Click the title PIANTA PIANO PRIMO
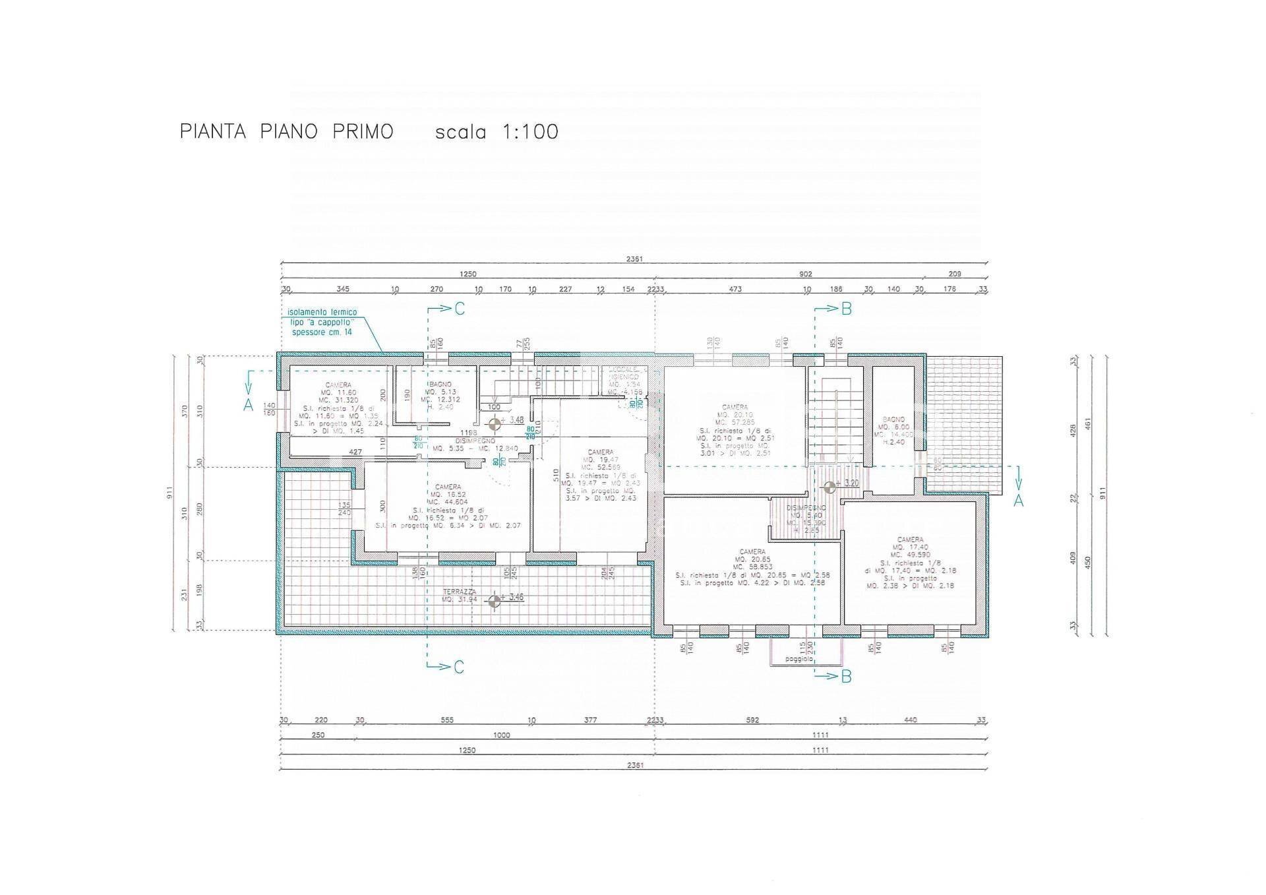(286, 131)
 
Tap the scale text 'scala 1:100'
(497, 132)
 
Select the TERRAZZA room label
(460, 592)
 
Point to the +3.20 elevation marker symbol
(829, 487)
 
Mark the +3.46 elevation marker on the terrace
(493, 601)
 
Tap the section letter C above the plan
(460, 309)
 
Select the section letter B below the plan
(846, 676)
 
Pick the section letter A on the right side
(1018, 501)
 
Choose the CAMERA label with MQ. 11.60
(338, 385)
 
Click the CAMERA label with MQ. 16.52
(448, 487)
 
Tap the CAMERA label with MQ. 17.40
(910, 540)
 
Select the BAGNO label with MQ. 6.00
(893, 419)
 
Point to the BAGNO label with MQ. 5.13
(440, 384)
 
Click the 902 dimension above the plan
(805, 274)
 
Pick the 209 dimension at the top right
(954, 274)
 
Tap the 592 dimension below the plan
(752, 720)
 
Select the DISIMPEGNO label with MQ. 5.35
(473, 441)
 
